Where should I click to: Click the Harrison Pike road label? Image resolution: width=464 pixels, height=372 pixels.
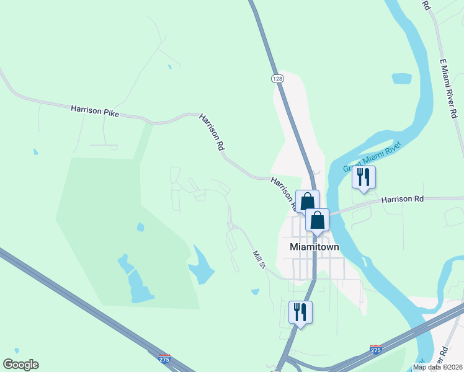[94, 110]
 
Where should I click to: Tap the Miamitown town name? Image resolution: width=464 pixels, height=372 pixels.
[315, 247]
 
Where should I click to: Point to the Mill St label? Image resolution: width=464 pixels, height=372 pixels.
[259, 259]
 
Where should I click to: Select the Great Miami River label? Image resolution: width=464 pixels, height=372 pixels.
[373, 157]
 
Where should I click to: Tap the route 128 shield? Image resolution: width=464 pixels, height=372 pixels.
[277, 79]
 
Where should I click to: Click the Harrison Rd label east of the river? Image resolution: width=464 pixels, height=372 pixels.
[402, 200]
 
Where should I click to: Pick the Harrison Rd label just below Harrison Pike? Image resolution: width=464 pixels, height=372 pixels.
[212, 132]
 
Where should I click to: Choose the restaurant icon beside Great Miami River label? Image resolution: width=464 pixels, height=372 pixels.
[364, 177]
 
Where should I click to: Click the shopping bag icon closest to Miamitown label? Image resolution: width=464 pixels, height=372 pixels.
[317, 219]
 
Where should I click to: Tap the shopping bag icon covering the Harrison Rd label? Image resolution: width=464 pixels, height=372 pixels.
[307, 201]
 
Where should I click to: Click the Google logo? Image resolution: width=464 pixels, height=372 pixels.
[20, 365]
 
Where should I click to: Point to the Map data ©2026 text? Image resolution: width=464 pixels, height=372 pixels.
[437, 367]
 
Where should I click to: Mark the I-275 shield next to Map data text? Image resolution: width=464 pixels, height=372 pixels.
[375, 350]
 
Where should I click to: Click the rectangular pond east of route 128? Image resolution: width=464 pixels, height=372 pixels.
[401, 79]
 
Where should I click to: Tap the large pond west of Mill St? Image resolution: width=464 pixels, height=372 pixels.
[200, 267]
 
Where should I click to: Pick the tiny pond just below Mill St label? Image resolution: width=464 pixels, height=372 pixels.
[255, 291]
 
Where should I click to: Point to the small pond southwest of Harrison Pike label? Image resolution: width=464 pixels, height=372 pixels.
[35, 151]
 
